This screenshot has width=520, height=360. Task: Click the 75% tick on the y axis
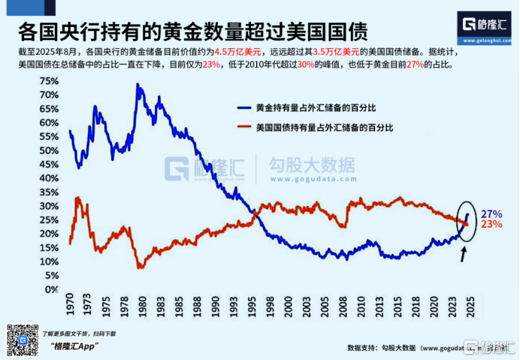tap(48, 81)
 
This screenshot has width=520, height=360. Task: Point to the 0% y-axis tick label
tap(51, 289)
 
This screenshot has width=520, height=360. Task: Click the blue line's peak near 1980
tap(138, 84)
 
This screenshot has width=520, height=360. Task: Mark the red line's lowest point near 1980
tap(139, 268)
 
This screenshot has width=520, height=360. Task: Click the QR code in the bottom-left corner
tap(23, 340)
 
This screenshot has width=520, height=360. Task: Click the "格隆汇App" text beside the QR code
tap(75, 346)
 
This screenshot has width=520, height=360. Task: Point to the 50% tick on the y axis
tap(48, 150)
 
